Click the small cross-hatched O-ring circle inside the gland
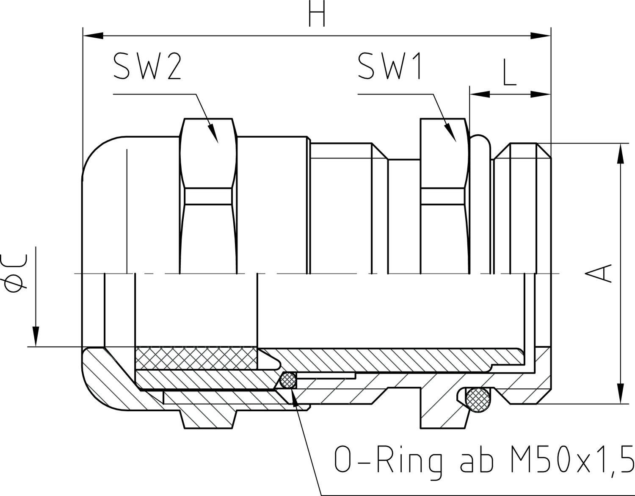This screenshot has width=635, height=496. coord(288,380)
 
